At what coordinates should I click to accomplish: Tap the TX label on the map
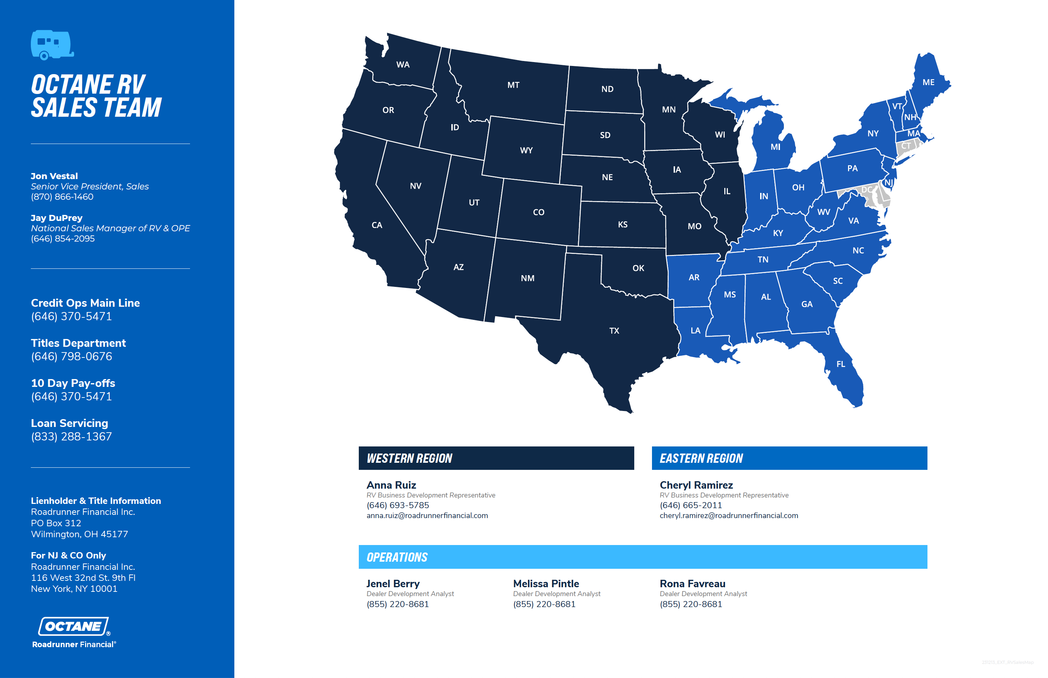pyautogui.click(x=614, y=330)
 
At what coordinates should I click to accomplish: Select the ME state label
pyautogui.click(x=928, y=82)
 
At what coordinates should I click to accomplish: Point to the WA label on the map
pyautogui.click(x=403, y=65)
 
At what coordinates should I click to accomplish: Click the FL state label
pyautogui.click(x=841, y=364)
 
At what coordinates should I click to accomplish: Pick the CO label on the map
pyautogui.click(x=538, y=212)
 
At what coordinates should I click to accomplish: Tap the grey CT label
pyautogui.click(x=906, y=146)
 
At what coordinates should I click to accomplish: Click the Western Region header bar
pyautogui.click(x=496, y=458)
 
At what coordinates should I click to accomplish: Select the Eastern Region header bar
pyautogui.click(x=789, y=458)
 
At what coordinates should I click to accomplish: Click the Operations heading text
pyautogui.click(x=397, y=557)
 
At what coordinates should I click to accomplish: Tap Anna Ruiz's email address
pyautogui.click(x=427, y=516)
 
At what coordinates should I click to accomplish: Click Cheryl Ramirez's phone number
pyautogui.click(x=691, y=505)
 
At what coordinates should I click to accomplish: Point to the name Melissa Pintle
pyautogui.click(x=546, y=584)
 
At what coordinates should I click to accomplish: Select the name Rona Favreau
pyautogui.click(x=692, y=584)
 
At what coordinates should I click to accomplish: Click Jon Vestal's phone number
pyautogui.click(x=62, y=197)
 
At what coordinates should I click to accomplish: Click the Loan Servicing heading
pyautogui.click(x=69, y=423)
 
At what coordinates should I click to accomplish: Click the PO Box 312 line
pyautogui.click(x=56, y=523)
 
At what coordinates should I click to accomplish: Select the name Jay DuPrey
pyautogui.click(x=56, y=218)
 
